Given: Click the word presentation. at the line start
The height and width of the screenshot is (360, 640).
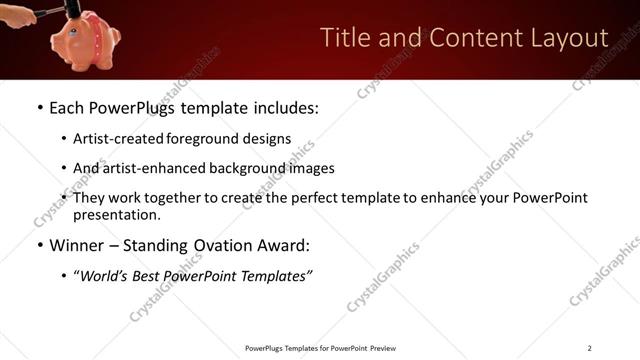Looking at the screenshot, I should [x=116, y=215].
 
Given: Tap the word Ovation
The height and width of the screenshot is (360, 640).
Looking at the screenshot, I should [x=227, y=246].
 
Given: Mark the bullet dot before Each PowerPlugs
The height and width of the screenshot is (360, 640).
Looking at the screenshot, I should [x=39, y=107].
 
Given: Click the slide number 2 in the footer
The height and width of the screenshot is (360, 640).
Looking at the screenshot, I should [x=589, y=348].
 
